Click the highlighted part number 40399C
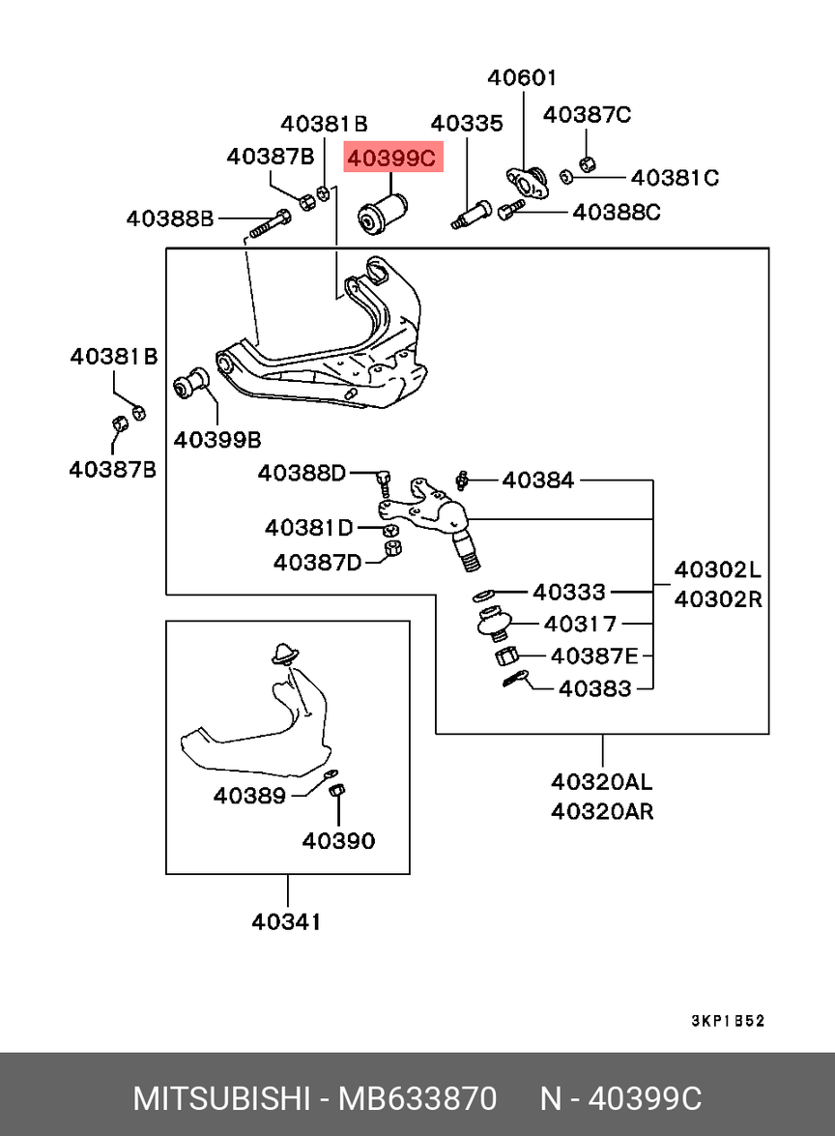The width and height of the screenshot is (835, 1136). (393, 158)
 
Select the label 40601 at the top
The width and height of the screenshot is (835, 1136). (522, 78)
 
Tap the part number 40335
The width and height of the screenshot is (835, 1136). (467, 124)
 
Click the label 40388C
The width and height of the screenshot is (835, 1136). (617, 212)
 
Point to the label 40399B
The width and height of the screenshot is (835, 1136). (217, 441)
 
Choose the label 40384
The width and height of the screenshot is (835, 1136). (538, 480)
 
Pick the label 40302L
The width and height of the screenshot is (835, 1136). (718, 570)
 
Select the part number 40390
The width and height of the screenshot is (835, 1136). (338, 841)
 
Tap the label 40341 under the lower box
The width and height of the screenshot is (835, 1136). (287, 922)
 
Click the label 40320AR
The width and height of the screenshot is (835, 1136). (602, 811)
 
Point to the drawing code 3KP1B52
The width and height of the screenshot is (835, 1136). (728, 1021)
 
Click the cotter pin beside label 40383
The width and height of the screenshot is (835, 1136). (516, 681)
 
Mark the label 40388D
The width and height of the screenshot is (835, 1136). (302, 474)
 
